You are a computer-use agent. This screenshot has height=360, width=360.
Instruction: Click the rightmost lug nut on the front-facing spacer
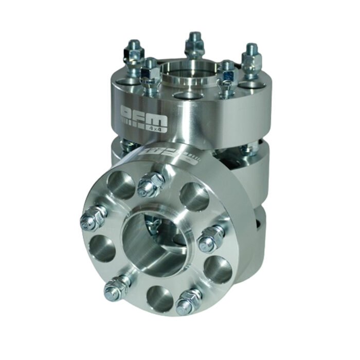click(x=211, y=238)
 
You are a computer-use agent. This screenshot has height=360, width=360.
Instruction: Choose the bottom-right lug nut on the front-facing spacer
click(x=188, y=301)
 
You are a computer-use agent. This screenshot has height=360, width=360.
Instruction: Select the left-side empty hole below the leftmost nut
click(x=101, y=248)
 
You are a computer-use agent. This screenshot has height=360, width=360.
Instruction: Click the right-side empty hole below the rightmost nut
click(x=218, y=269)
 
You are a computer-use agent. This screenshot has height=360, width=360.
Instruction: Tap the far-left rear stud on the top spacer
click(x=134, y=53)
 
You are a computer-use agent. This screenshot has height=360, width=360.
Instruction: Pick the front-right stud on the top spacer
click(x=226, y=77)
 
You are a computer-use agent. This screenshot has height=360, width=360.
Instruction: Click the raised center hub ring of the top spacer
click(x=185, y=72)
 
